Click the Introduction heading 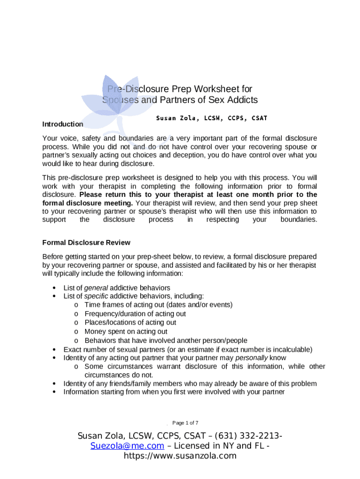click(x=63, y=124)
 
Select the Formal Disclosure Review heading click(x=86, y=243)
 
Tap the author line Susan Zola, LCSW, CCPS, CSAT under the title click(x=211, y=118)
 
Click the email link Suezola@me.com click(x=127, y=446)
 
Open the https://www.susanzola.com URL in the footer click(x=180, y=456)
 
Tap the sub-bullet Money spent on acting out click(x=126, y=332)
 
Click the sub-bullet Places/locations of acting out click(x=130, y=323)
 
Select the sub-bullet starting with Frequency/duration click(x=135, y=314)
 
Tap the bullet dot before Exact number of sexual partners click(x=55, y=349)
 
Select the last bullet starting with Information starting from click(x=174, y=392)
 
